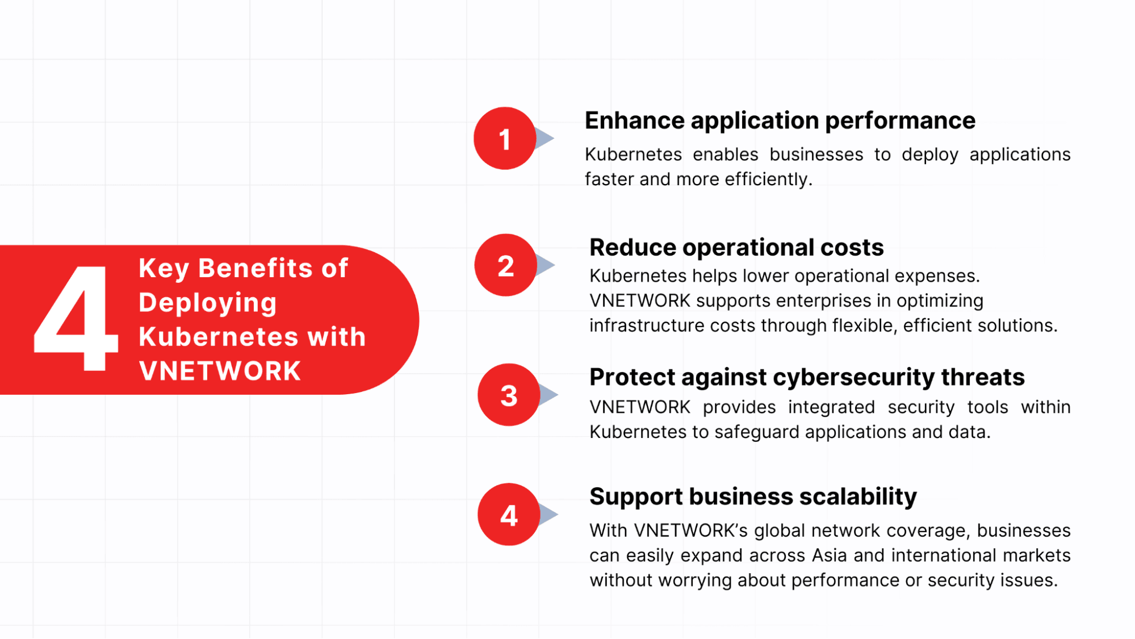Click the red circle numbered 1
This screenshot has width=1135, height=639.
(505, 138)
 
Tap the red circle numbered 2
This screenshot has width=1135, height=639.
(505, 265)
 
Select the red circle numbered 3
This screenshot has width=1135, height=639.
(509, 395)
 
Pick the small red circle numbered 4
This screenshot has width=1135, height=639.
(509, 515)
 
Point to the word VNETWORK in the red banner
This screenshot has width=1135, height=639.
(220, 371)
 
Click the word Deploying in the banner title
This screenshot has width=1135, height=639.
(208, 303)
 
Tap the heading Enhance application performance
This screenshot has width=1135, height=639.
(780, 121)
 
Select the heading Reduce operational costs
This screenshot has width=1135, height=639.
(736, 248)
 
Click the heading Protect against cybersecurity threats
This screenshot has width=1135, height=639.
(807, 377)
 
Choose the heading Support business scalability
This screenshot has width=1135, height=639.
(753, 496)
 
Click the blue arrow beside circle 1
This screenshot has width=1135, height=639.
(545, 138)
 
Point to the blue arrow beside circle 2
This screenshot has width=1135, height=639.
(546, 265)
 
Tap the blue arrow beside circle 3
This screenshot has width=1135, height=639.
(548, 395)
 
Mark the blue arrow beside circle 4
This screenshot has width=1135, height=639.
(548, 515)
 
